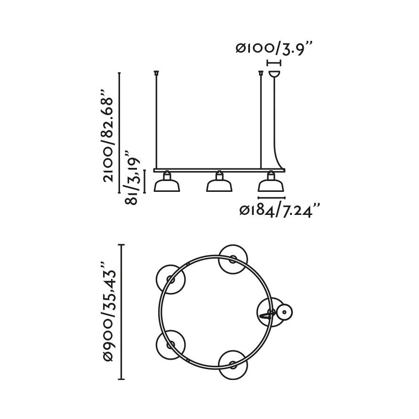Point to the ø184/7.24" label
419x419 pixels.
point(279,211)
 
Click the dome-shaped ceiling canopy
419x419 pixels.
point(274,74)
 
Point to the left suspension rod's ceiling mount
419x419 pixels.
point(156,72)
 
